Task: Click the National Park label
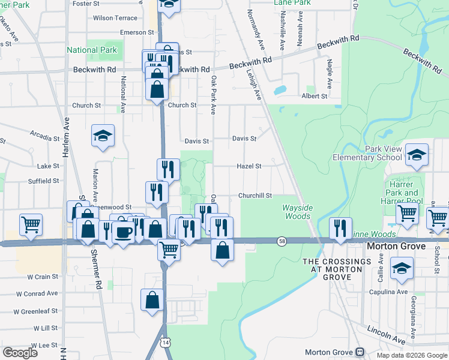[x=92, y=50]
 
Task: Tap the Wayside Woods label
[x=297, y=212]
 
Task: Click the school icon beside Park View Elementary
[x=417, y=157]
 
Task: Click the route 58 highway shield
[x=282, y=241]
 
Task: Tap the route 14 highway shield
[x=165, y=341]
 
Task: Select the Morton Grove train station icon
[x=360, y=352]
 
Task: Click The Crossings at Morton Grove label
[x=337, y=266]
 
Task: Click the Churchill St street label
[x=255, y=196]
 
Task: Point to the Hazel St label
[x=249, y=166]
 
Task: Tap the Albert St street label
[x=315, y=96]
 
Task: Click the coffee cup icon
[x=123, y=232]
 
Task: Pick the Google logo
[x=20, y=353]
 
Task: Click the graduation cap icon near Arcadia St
[x=103, y=136]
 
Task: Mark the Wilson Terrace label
[x=115, y=18]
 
